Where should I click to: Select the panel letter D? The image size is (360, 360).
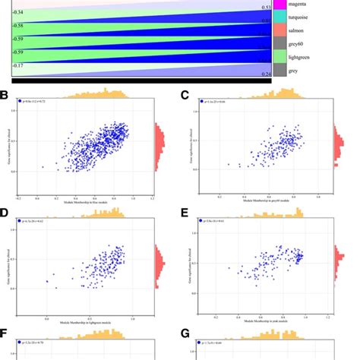[x=6, y=217]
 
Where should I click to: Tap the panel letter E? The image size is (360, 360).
[x=185, y=217]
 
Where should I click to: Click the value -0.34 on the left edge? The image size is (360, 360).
[x=18, y=13]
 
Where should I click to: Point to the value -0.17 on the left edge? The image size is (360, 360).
[x=18, y=66]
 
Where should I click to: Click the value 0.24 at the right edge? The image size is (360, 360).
[x=264, y=74]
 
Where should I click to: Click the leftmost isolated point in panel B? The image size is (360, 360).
[x=43, y=166]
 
